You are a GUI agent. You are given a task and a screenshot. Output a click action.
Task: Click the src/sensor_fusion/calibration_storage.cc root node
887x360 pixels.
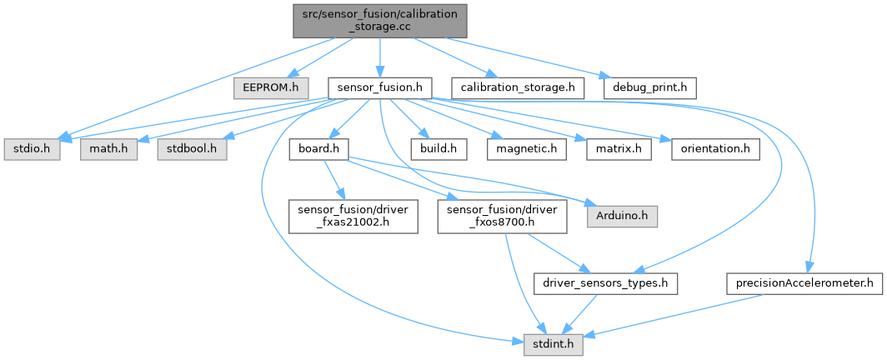click(x=378, y=20)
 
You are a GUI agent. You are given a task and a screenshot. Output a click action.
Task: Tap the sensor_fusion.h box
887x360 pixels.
click(x=378, y=86)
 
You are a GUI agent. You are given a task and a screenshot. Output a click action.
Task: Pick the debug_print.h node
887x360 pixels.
click(x=648, y=86)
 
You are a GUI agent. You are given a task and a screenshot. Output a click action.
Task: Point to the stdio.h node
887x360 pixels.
click(x=31, y=150)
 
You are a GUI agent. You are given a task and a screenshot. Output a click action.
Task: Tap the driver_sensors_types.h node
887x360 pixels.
click(x=606, y=283)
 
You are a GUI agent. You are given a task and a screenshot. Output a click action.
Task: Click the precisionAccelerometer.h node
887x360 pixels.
click(x=804, y=283)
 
